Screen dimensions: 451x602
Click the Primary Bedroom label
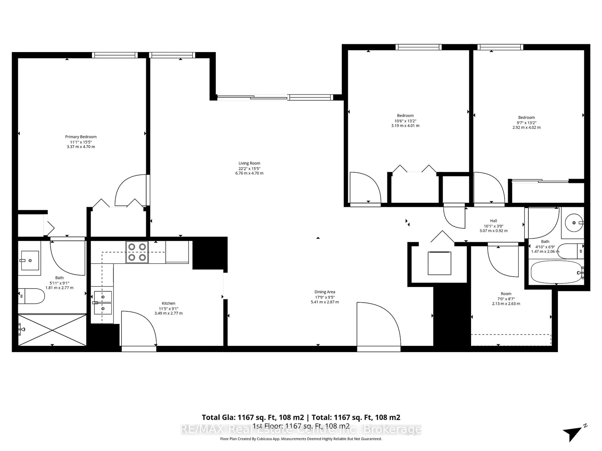pos(81,137)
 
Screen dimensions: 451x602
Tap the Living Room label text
pos(249,163)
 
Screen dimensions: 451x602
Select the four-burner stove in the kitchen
pos(137,252)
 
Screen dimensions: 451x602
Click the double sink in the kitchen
pos(103,303)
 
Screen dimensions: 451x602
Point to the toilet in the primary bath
pos(31,296)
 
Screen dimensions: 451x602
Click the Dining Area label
pos(325,292)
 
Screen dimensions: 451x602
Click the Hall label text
pos(493,221)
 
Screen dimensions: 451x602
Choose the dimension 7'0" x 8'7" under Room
pos(506,299)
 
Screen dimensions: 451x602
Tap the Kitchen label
pos(169,303)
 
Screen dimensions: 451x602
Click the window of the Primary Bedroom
pos(115,55)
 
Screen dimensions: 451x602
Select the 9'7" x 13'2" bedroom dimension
pos(526,123)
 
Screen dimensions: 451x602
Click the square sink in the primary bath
pos(30,260)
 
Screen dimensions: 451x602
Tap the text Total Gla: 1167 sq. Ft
pos(253,417)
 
